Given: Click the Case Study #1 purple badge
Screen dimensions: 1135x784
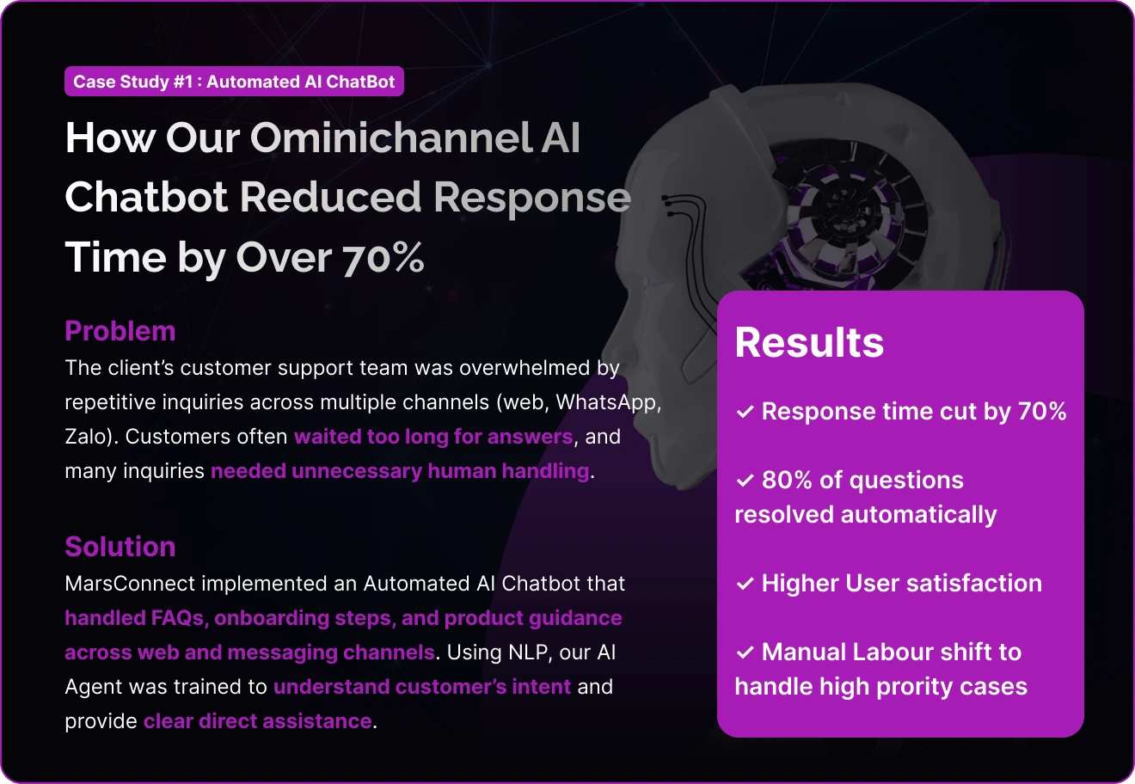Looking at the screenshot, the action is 234,81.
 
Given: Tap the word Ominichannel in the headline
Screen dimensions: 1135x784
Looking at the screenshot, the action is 390,138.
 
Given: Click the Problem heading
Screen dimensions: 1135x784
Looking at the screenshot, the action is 120,331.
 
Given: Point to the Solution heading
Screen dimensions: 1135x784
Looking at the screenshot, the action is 120,547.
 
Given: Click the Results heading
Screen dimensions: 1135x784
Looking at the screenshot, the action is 809,342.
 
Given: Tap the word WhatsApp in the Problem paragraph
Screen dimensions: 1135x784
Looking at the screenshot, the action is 608,402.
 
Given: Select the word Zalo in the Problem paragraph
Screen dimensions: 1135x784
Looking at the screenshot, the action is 89,437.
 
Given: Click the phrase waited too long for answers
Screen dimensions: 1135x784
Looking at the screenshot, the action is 433,437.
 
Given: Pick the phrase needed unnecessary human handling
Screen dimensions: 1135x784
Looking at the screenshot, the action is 400,471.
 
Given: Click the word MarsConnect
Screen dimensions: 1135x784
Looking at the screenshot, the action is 130,584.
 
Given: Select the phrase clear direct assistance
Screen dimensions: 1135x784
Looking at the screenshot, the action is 258,721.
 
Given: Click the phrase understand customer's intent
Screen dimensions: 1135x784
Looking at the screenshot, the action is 422,687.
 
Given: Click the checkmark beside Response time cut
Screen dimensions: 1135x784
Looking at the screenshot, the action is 745,412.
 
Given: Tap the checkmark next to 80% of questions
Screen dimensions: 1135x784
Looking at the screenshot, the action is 745,481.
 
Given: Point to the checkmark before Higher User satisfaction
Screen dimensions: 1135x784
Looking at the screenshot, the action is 745,584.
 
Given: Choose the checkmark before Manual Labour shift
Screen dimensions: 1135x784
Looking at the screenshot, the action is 745,652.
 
